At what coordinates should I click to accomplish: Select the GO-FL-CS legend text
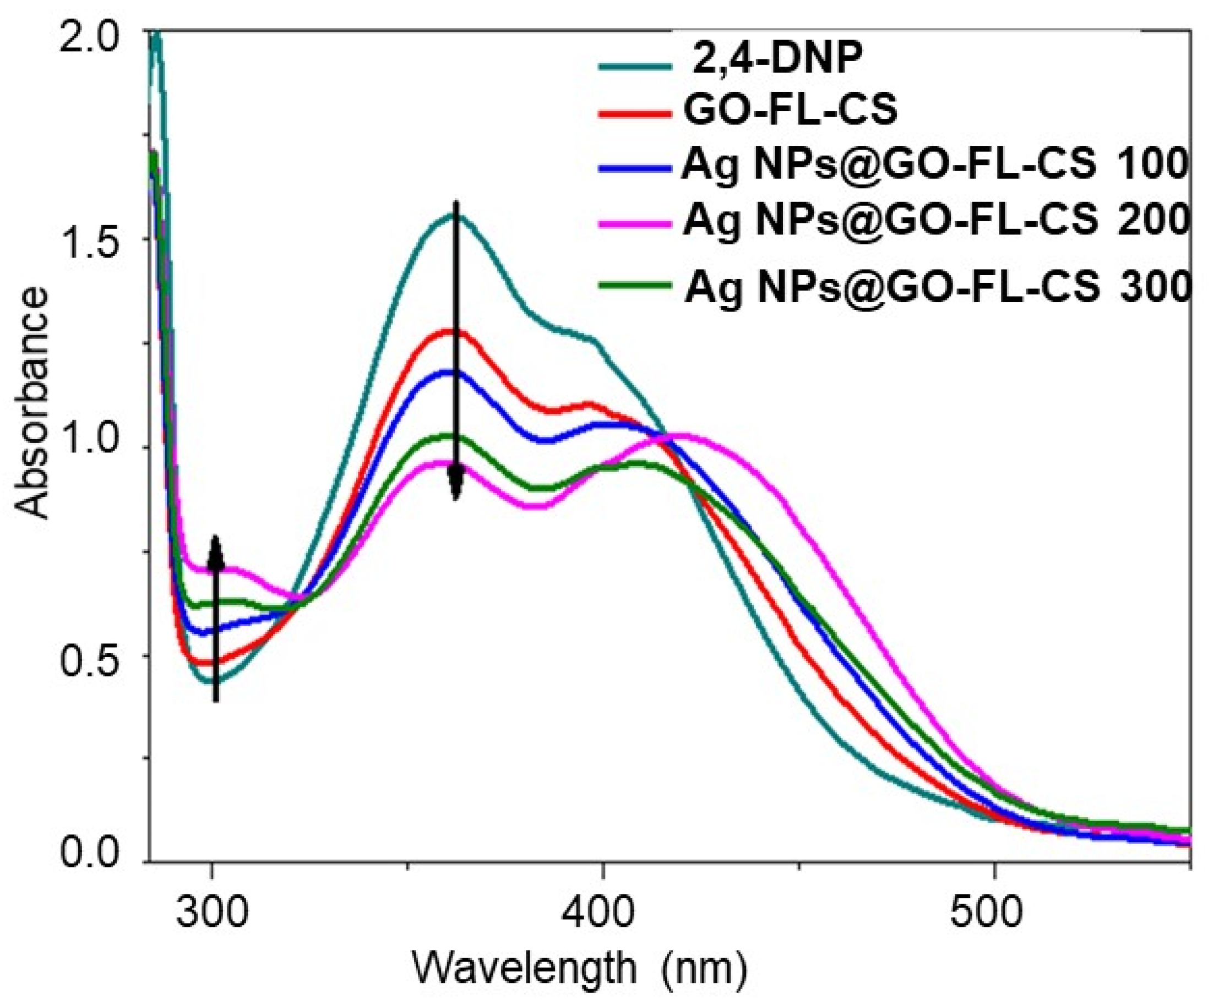click(x=790, y=110)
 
